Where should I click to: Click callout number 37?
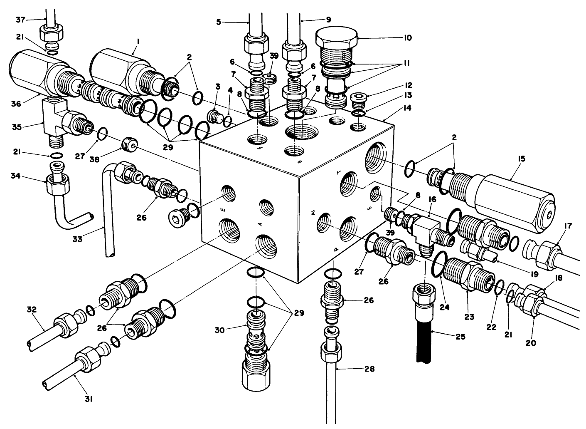coord(20,19)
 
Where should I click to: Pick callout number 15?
coord(522,159)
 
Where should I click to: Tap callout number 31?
coord(89,399)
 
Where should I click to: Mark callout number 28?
coord(369,369)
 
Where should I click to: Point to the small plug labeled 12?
coord(357,99)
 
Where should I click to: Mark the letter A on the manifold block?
coord(261,224)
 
